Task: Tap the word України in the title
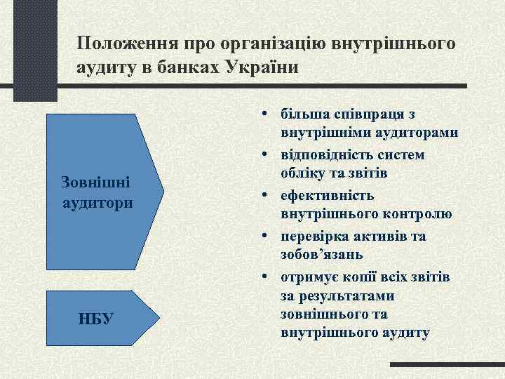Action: point(262,68)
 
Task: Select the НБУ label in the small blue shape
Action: point(95,319)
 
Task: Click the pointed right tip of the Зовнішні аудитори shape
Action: point(163,191)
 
